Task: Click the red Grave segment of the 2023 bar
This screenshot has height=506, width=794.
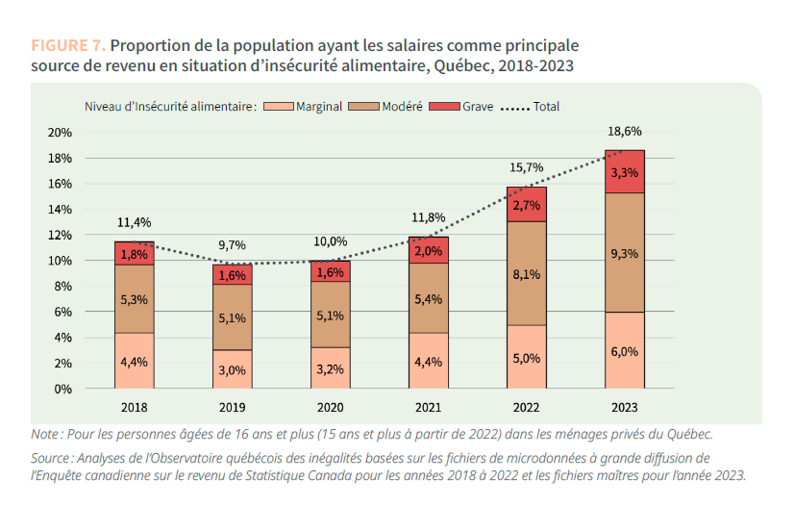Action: coord(625,171)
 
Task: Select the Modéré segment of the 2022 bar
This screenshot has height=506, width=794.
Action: coord(526,273)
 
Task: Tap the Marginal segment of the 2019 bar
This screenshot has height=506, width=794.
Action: coord(232,369)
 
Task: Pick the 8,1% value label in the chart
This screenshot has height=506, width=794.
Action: coord(526,274)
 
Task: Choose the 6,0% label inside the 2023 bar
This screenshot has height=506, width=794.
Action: coord(624,351)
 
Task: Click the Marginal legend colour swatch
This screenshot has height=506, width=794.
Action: coord(278,107)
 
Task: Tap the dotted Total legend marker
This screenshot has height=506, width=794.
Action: coord(514,107)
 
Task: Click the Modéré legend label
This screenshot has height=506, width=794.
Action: coord(402,107)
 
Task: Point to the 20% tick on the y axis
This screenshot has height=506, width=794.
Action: coord(60,132)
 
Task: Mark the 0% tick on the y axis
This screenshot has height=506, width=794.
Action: coord(63,389)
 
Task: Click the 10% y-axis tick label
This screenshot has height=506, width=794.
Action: coord(60,261)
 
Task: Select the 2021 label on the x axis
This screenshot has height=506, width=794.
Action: coord(428,408)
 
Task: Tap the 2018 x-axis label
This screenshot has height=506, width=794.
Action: coord(134,408)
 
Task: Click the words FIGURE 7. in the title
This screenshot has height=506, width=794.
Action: coord(67,45)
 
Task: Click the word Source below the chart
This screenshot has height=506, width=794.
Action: coord(50,458)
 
